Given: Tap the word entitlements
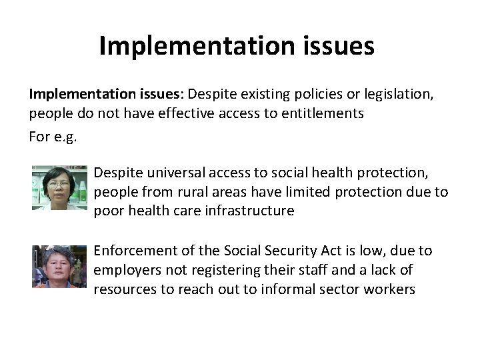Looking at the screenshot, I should pyautogui.click(x=322, y=113).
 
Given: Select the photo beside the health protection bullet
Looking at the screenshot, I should pyautogui.click(x=60, y=188).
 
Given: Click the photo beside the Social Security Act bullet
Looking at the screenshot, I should pyautogui.click(x=60, y=266).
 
